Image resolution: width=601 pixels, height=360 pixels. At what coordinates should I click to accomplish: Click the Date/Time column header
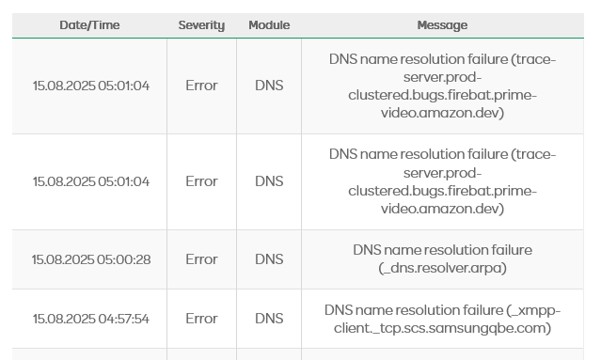coord(89,25)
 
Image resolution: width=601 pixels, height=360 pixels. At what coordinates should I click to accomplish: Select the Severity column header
coord(201,25)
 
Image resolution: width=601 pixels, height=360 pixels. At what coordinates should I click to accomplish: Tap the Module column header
coord(269,25)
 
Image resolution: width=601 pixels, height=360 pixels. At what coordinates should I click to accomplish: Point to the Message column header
coord(442,25)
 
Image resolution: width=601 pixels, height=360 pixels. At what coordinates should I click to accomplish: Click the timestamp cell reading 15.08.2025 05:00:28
coord(91,259)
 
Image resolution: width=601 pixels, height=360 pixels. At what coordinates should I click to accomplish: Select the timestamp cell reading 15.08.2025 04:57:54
coord(91,319)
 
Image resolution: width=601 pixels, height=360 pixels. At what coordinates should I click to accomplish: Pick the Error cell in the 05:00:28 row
coord(201,259)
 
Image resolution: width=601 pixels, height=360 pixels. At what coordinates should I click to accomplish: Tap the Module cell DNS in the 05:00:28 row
coord(269,259)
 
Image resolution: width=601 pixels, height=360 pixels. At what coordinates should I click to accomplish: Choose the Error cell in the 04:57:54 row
coord(201,319)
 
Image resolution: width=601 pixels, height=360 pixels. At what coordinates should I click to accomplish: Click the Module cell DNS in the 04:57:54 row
coord(269,319)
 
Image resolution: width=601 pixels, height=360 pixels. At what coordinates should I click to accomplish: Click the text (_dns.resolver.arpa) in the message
coord(442,268)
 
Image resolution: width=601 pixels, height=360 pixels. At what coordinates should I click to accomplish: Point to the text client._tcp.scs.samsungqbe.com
coord(442,328)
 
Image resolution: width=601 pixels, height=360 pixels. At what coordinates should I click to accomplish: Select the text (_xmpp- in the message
coord(533,310)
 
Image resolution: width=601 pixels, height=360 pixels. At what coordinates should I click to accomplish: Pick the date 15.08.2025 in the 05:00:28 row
coord(63,259)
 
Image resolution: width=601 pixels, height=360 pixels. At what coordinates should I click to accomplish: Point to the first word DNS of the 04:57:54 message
coord(339,310)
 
